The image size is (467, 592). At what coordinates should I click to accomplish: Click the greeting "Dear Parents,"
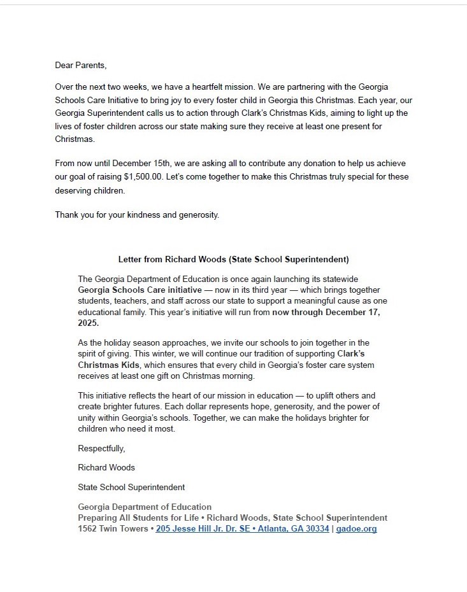tap(81, 65)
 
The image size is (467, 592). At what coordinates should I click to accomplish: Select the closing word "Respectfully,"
tap(101, 449)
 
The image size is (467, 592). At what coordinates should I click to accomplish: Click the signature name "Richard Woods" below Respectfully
tap(106, 467)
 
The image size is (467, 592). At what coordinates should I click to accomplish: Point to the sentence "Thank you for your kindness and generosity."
tap(137, 215)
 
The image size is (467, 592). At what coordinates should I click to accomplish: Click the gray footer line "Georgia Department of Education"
tap(145, 507)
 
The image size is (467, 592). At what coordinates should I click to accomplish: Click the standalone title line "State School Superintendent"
tap(131, 487)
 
